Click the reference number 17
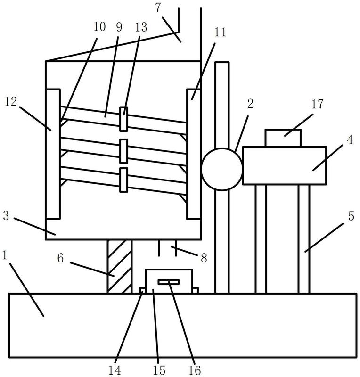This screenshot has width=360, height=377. (318, 104)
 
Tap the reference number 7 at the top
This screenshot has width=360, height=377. (158, 8)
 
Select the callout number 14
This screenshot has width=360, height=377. (115, 370)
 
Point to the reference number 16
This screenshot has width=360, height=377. (195, 370)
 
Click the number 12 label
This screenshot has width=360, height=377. (11, 102)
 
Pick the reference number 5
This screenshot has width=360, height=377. (351, 216)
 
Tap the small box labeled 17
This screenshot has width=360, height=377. (283, 138)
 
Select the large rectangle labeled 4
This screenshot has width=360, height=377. (285, 165)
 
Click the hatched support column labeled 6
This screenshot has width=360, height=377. (120, 266)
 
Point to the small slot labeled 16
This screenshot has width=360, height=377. (169, 282)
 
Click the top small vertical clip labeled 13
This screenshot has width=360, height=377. (123, 119)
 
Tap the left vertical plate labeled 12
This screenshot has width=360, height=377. (53, 154)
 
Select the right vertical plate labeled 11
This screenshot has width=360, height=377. (194, 154)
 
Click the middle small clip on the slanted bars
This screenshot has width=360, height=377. (123, 151)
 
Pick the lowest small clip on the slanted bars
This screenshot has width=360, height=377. (123, 180)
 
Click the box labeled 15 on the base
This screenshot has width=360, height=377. (169, 281)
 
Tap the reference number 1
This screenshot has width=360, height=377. (5, 255)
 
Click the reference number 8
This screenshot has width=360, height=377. (204, 258)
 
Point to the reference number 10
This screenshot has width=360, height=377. (99, 27)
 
